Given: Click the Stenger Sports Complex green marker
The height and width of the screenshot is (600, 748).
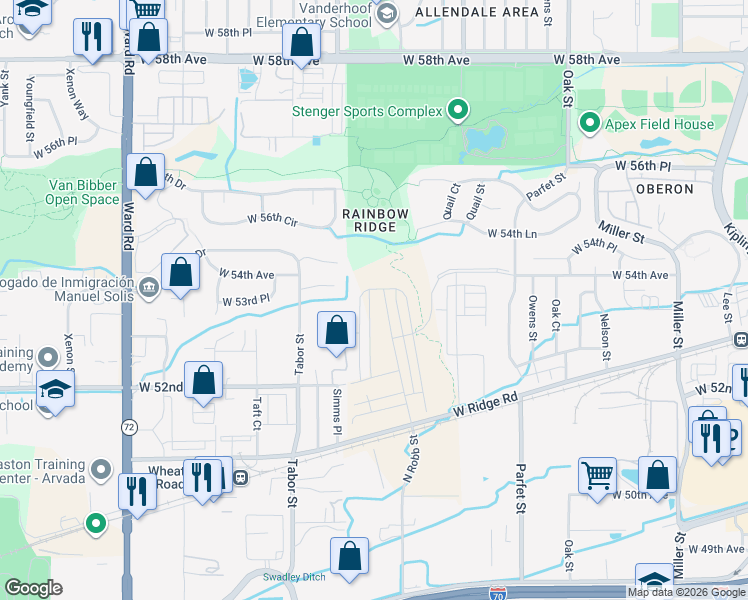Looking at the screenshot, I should point(458,110).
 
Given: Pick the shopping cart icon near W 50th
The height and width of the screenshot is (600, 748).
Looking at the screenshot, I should point(597,475).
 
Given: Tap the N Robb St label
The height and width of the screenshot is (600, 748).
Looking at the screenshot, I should point(410,459).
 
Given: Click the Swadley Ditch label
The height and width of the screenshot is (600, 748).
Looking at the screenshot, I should point(295,577).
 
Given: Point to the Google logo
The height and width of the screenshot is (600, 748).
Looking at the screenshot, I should point(33,588).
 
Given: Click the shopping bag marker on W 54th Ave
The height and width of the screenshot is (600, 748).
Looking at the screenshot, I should point(181,272).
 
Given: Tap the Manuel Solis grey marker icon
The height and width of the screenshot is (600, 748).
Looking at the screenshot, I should point(150,287).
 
